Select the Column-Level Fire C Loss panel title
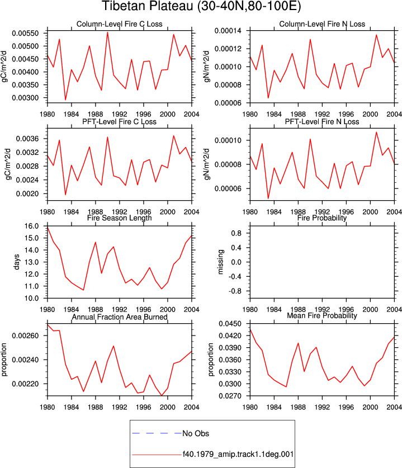120,24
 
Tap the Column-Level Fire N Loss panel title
322,24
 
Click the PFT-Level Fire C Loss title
120,121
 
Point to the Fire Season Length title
120,218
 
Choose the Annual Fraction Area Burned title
120,316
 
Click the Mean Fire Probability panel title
322,315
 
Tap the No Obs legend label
196,433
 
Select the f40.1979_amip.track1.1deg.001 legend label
238,454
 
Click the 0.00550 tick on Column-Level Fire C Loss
25,33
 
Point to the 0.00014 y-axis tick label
228,31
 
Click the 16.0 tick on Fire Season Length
32,226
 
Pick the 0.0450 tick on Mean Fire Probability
230,324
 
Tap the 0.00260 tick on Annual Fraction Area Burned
25,336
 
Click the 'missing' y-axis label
220,262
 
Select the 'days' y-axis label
16,262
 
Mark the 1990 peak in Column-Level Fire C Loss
107,32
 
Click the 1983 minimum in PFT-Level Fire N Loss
268,198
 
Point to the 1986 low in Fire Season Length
83,290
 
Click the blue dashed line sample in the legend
157,433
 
